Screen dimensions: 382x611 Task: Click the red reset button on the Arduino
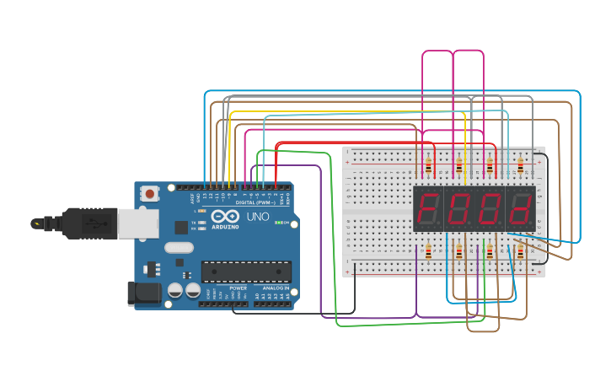(x=150, y=194)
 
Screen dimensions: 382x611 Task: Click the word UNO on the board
(x=257, y=217)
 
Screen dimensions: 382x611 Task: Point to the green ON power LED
(x=279, y=223)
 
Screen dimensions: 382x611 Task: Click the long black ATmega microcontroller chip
(x=245, y=272)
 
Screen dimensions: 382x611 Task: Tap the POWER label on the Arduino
(x=238, y=288)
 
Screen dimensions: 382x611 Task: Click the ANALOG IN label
(x=274, y=288)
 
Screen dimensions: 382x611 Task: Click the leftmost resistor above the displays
(x=428, y=166)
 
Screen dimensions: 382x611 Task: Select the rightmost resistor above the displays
(x=520, y=166)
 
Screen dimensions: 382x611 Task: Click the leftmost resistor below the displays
(x=428, y=252)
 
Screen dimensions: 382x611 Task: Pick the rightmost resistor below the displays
(x=520, y=252)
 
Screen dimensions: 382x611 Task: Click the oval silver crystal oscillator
(x=179, y=248)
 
